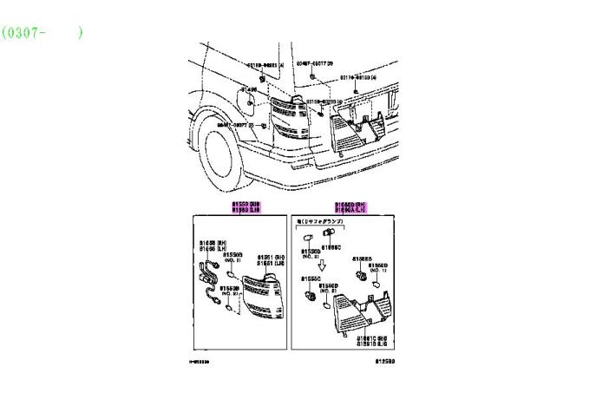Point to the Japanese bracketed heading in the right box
tap(320, 223)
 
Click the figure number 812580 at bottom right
tap(386, 360)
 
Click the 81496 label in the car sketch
tap(248, 89)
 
